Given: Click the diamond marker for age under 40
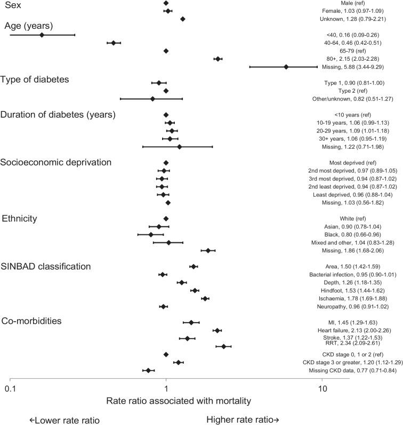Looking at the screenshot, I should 42,35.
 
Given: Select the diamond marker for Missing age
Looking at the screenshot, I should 286,67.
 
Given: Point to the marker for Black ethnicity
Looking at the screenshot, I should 151,234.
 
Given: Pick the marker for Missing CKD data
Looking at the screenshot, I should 148,370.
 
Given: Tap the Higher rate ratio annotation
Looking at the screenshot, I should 243,420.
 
